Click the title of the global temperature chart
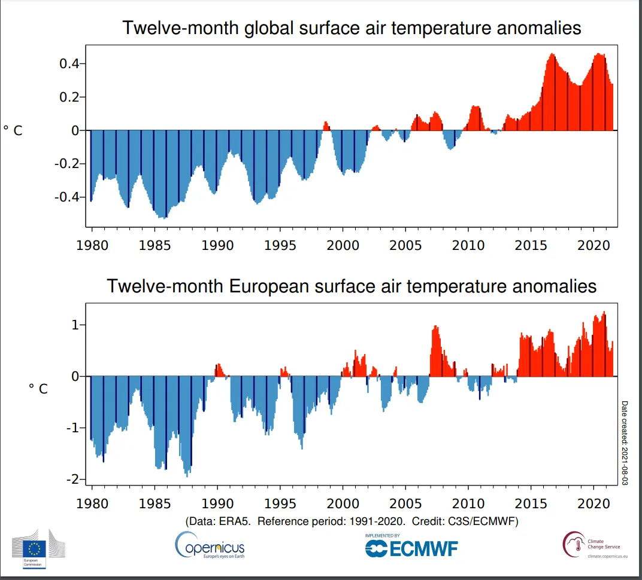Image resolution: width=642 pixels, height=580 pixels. coord(352,28)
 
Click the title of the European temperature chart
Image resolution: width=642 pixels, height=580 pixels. coord(352,286)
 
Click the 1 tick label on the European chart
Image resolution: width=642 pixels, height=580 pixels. coord(75,325)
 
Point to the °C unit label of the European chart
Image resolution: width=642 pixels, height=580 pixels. coord(38,389)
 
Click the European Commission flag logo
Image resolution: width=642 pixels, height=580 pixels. coord(35,548)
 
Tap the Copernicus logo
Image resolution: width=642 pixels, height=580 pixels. coord(210,545)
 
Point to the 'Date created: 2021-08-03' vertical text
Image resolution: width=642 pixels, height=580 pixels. coord(625,442)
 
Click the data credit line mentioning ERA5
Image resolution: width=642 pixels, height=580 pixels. coord(352,521)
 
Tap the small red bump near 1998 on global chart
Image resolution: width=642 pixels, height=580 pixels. coord(326,126)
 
